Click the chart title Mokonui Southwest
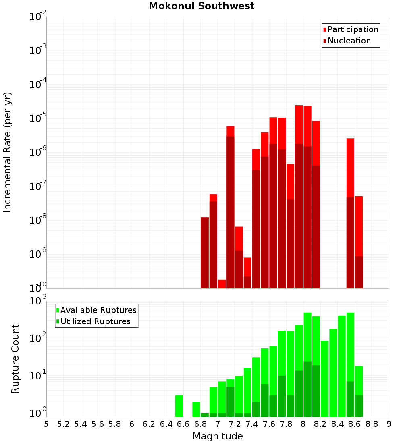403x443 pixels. (x=201, y=6)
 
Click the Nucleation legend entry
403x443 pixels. (x=347, y=41)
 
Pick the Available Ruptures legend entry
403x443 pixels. (x=96, y=310)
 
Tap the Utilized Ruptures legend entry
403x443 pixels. (x=93, y=321)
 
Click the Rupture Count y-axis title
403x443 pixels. (x=15, y=359)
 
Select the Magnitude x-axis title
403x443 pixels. (x=218, y=436)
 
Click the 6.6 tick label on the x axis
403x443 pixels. (x=183, y=424)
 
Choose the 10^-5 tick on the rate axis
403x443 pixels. (x=37, y=118)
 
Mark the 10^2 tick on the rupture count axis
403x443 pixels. (x=37, y=337)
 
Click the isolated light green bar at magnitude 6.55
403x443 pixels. (x=179, y=406)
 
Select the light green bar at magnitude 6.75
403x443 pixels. (x=196, y=410)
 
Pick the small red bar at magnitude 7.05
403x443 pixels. (x=222, y=284)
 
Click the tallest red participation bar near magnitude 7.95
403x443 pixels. (x=299, y=124)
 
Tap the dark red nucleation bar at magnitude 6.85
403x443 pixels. (x=205, y=253)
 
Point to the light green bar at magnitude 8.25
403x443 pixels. (x=325, y=379)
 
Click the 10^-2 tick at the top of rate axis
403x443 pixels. (x=37, y=17)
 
